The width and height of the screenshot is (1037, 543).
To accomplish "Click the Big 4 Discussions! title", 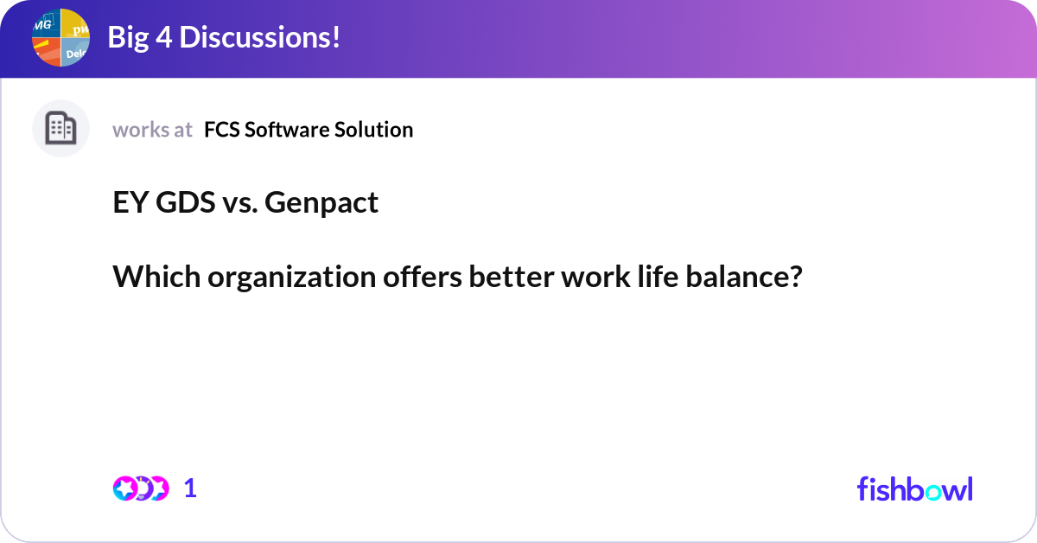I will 223,37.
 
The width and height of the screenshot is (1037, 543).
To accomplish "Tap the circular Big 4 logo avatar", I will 60,37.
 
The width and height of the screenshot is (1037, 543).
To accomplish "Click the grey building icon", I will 60,129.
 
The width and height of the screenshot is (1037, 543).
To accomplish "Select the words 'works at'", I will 152,130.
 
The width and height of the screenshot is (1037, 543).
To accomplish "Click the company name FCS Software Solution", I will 309,130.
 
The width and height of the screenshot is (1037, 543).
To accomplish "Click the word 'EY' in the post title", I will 129,202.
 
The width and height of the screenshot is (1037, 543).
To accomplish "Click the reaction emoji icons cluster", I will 140,489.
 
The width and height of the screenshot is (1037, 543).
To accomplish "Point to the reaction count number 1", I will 190,489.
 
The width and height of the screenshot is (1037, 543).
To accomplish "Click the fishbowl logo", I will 914,489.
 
